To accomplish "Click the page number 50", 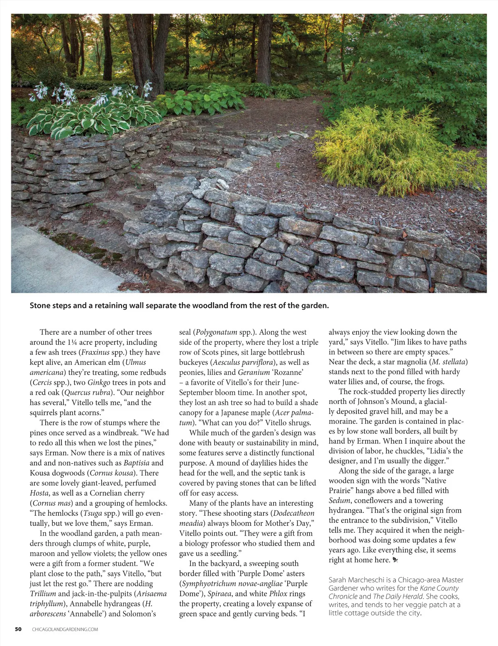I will coord(18,629).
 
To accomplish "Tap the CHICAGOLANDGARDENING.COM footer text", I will coord(65,629).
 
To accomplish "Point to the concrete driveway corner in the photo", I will coord(50,257).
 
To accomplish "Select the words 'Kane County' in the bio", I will coord(439,588).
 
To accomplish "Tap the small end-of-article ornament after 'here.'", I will coord(395,561).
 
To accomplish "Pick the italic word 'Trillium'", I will coord(43,594).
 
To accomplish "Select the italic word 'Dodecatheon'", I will coord(294,513).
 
